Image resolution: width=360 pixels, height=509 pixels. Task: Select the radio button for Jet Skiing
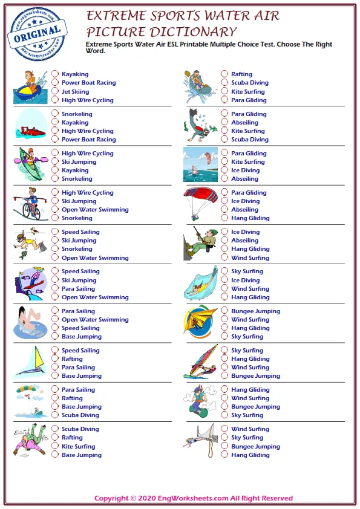point(55,92)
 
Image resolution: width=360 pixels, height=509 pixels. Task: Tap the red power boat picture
point(31,128)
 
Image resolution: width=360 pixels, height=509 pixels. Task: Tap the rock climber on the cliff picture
point(200,244)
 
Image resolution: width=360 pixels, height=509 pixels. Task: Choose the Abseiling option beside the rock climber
point(245,240)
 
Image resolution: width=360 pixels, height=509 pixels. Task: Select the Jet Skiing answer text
point(75,92)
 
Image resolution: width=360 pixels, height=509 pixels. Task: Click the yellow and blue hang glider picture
point(200,321)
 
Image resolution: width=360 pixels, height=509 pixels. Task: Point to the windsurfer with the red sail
point(200,361)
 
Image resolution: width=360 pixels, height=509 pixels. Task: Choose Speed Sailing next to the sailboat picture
point(80,351)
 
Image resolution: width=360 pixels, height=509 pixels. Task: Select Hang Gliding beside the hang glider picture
point(250,328)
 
